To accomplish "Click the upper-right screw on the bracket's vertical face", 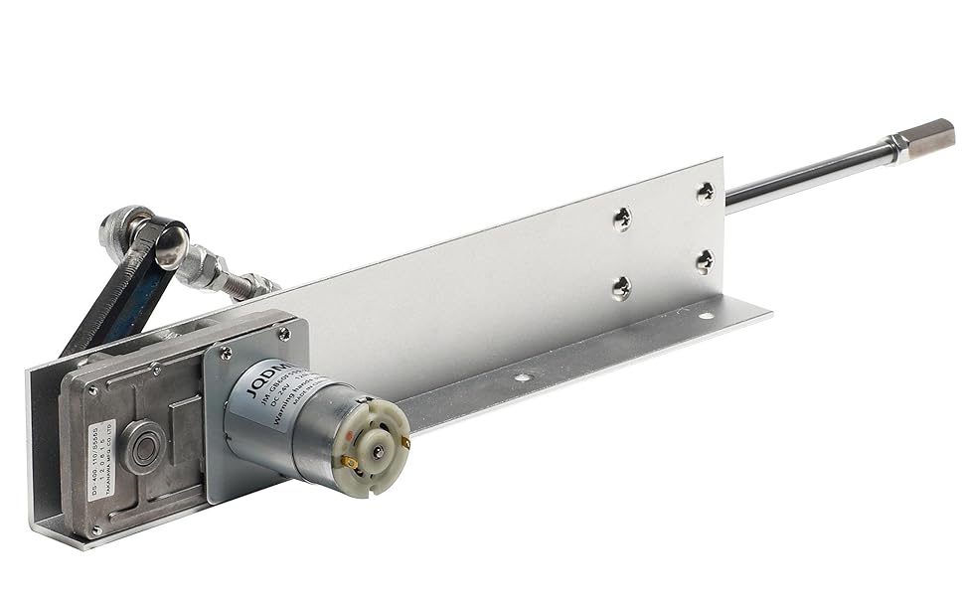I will point(705,191).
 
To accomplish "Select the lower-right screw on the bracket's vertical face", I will point(704,261).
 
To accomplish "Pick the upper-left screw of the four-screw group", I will point(622,219).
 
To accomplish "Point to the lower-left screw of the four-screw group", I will point(621,288).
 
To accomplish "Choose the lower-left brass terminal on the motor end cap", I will point(351,463).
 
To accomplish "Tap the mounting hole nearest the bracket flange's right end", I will point(705,316).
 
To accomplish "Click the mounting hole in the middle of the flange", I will point(522,377).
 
